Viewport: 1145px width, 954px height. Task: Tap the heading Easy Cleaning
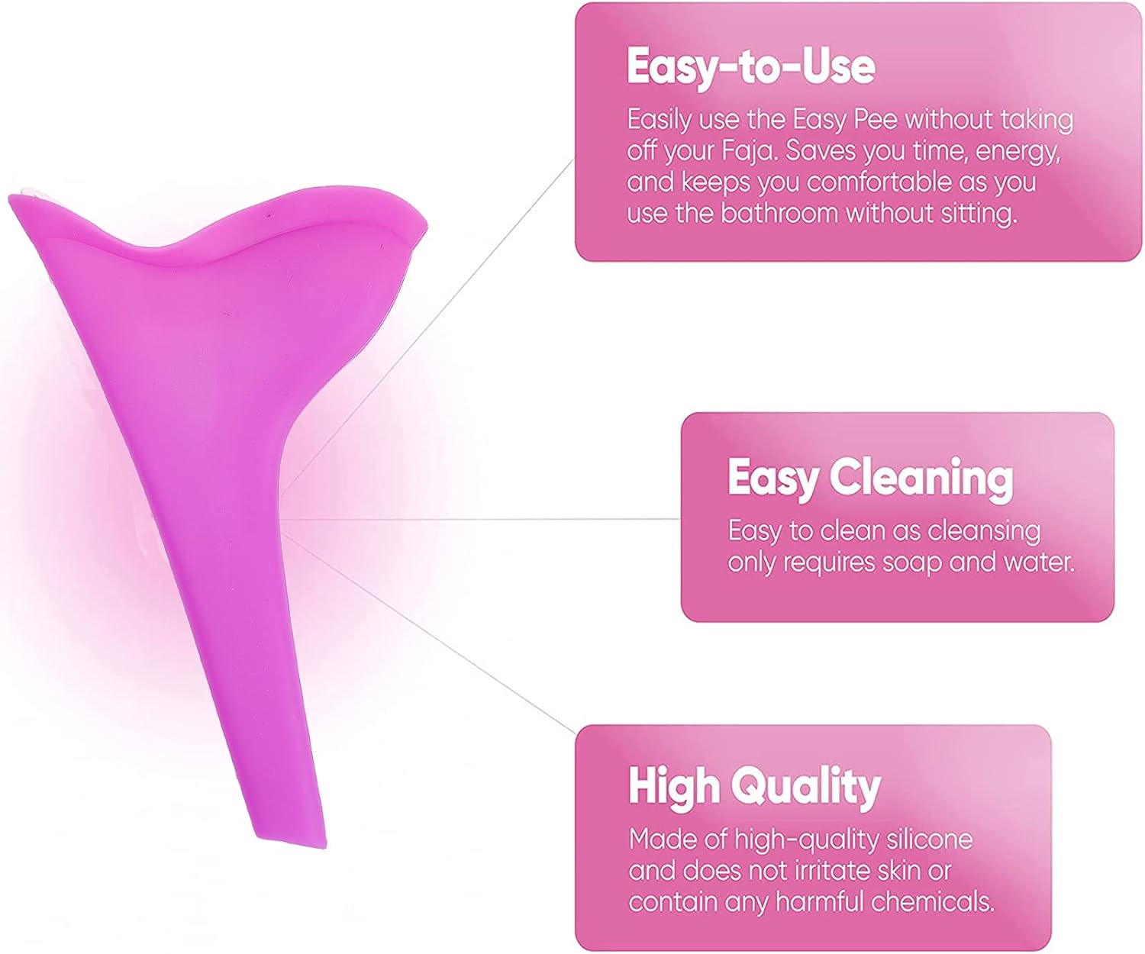pos(870,478)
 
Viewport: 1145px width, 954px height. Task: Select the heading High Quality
pos(754,787)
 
